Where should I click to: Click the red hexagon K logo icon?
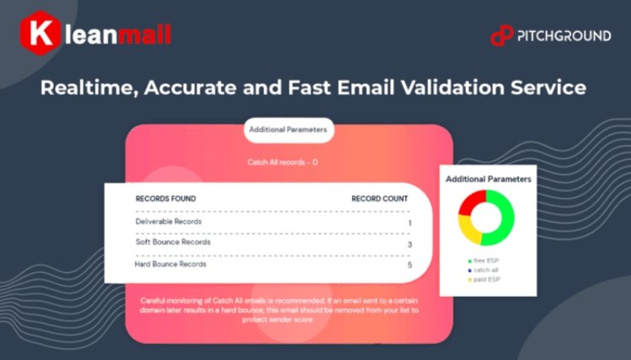[40, 33]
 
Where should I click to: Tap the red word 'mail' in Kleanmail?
[144, 35]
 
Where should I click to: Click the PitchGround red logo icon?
[502, 36]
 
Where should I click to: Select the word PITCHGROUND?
[564, 36]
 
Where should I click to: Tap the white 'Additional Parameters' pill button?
[288, 130]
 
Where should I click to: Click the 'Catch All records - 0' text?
[282, 162]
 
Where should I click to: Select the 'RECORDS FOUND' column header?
[166, 198]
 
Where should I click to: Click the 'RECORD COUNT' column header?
[379, 198]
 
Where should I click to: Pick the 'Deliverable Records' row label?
[168, 222]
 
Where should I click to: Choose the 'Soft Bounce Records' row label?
[173, 242]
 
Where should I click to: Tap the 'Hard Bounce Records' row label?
[170, 264]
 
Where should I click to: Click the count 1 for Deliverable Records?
[409, 223]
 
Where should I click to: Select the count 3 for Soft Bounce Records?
[409, 244]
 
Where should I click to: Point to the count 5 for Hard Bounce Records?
[409, 265]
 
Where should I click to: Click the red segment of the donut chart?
[471, 202]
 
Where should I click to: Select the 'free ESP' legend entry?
[484, 261]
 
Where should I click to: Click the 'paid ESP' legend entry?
[484, 279]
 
